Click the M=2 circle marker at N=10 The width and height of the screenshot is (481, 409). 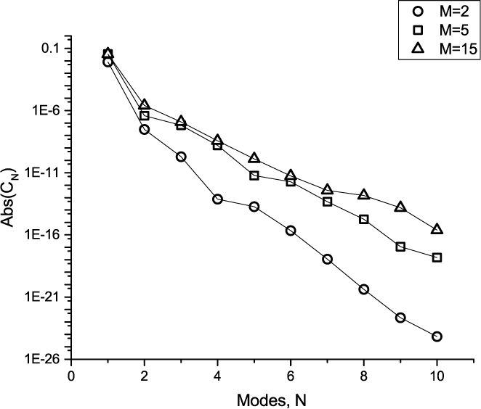[x=437, y=336]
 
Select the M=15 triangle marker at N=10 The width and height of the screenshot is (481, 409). [x=437, y=229]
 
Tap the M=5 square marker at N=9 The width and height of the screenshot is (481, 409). [x=400, y=247]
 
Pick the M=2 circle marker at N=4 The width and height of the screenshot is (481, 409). [x=217, y=199]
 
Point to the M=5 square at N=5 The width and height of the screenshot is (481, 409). [x=254, y=175]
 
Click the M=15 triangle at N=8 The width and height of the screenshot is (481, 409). [x=364, y=194]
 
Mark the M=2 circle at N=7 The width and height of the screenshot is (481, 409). [x=327, y=259]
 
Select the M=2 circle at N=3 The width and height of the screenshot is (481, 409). [x=181, y=157]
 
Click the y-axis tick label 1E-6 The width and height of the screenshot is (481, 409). [x=46, y=111]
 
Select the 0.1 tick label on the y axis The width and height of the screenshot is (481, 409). [x=51, y=49]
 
